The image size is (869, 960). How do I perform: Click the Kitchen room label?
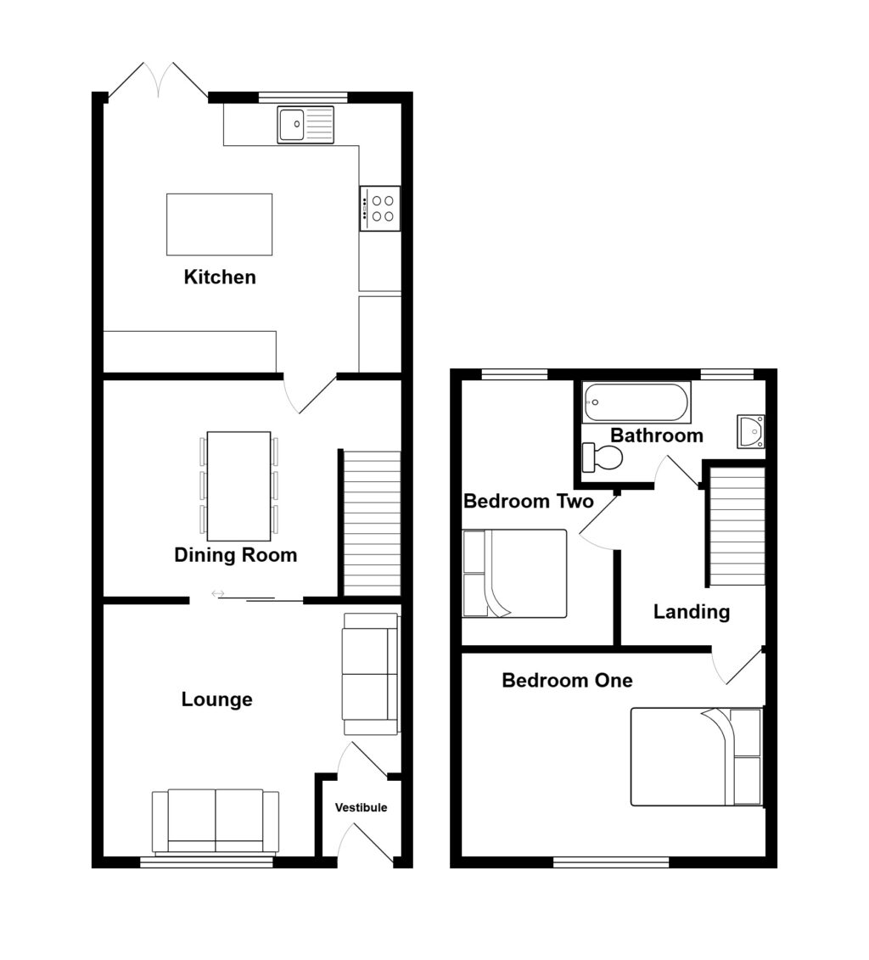pyautogui.click(x=220, y=277)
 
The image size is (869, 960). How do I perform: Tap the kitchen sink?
pyautogui.click(x=305, y=125)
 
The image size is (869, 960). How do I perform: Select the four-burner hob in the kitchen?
pyautogui.click(x=379, y=208)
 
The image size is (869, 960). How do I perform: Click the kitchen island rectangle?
pyautogui.click(x=220, y=224)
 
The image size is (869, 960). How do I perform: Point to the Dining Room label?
pyautogui.click(x=235, y=555)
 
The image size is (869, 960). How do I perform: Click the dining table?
pyautogui.click(x=238, y=486)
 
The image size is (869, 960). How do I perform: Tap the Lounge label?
pyautogui.click(x=217, y=699)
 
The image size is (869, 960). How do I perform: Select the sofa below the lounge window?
pyautogui.click(x=216, y=820)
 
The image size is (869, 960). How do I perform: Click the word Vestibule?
pyautogui.click(x=360, y=807)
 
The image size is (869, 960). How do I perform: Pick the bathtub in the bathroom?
pyautogui.click(x=636, y=402)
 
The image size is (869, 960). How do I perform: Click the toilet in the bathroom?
pyautogui.click(x=603, y=458)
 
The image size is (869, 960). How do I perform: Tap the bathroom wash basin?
pyautogui.click(x=751, y=430)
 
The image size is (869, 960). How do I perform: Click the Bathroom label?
pyautogui.click(x=657, y=435)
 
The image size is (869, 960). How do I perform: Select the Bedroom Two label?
pyautogui.click(x=528, y=501)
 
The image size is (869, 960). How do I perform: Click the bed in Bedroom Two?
pyautogui.click(x=514, y=573)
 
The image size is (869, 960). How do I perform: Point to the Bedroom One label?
pyautogui.click(x=567, y=680)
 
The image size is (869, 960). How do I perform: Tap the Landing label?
pyautogui.click(x=692, y=611)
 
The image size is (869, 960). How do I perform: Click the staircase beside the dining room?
pyautogui.click(x=370, y=523)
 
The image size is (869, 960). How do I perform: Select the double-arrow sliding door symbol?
pyautogui.click(x=218, y=593)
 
